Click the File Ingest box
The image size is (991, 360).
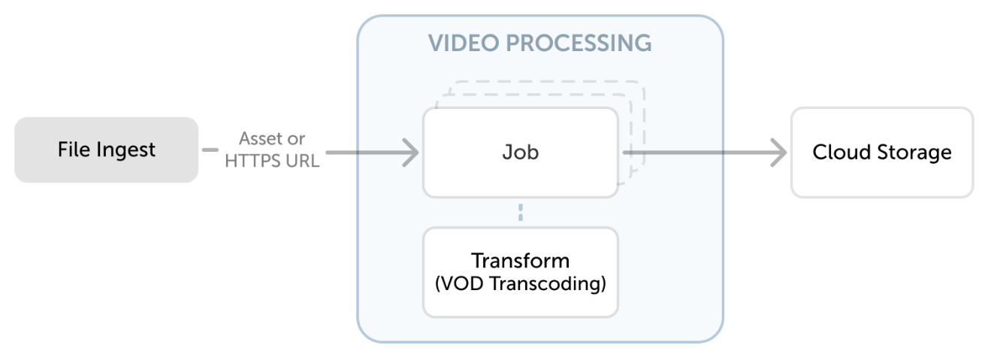click(106, 150)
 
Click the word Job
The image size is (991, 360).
click(520, 153)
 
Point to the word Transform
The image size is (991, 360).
click(520, 261)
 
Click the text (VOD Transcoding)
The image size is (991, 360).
click(520, 286)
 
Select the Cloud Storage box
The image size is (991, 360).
click(881, 153)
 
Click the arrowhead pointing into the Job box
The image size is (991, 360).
click(411, 153)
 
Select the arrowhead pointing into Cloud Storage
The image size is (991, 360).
click(779, 153)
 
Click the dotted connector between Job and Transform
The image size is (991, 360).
click(520, 213)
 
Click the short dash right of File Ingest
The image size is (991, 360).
click(210, 150)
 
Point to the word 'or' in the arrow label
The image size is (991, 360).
click(297, 139)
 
